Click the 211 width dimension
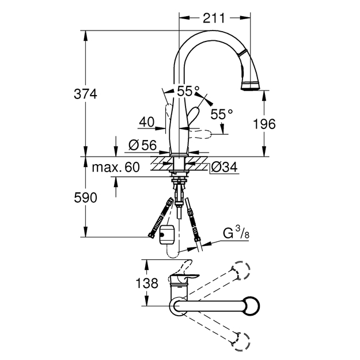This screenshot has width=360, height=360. [214, 18]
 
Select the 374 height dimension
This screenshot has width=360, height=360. [85, 94]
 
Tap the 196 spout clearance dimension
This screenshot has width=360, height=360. [264, 124]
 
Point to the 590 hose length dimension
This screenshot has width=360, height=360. [85, 198]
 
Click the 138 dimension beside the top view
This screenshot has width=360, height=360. [147, 283]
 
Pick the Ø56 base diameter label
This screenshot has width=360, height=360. [143, 145]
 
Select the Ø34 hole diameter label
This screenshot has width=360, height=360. [224, 167]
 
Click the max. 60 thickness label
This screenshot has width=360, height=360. [116, 167]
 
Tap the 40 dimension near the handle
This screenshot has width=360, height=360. [147, 122]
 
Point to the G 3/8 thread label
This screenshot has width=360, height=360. [236, 233]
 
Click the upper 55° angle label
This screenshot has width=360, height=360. [188, 91]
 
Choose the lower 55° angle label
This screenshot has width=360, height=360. [222, 114]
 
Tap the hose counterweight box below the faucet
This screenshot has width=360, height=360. [166, 235]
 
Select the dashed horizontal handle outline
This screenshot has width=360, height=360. [200, 134]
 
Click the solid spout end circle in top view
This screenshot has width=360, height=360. [251, 306]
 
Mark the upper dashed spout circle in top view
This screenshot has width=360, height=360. [241, 270]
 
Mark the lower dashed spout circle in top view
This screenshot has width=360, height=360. [241, 342]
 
